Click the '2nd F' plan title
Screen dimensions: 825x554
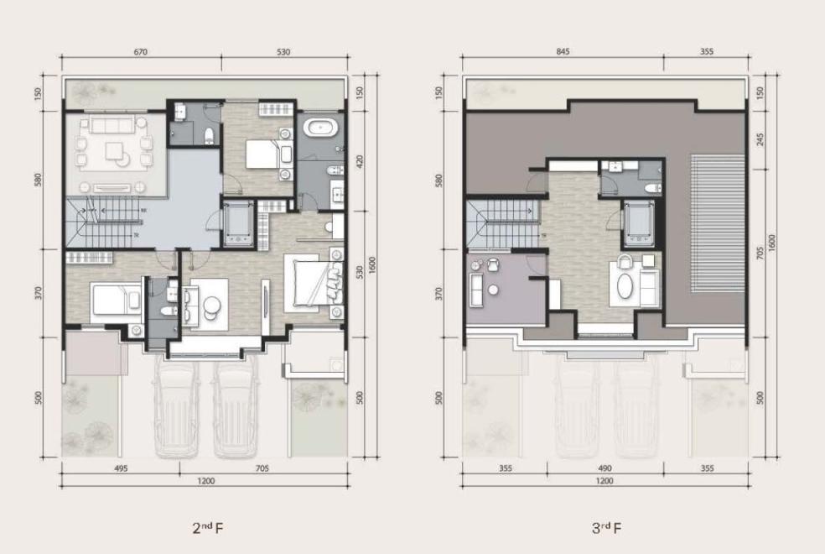208,528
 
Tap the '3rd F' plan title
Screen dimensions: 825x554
607,528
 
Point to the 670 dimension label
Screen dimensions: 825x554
141,51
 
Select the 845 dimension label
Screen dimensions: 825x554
563,51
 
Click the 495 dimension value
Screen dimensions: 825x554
121,468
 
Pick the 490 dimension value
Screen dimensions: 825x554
605,468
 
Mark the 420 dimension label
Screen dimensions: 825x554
360,161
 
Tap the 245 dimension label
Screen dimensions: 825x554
760,139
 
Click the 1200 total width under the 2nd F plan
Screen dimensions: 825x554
205,481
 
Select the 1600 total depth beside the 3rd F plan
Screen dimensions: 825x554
772,243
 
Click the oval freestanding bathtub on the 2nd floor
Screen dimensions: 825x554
320,128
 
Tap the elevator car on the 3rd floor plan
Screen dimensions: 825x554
638,223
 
